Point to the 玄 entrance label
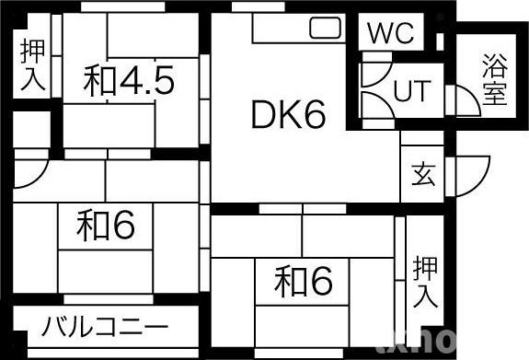coord(422,172)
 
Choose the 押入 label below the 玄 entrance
coord(424,282)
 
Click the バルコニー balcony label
coord(105,327)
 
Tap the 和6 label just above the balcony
coord(106,226)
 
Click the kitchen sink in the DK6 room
coord(325,29)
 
